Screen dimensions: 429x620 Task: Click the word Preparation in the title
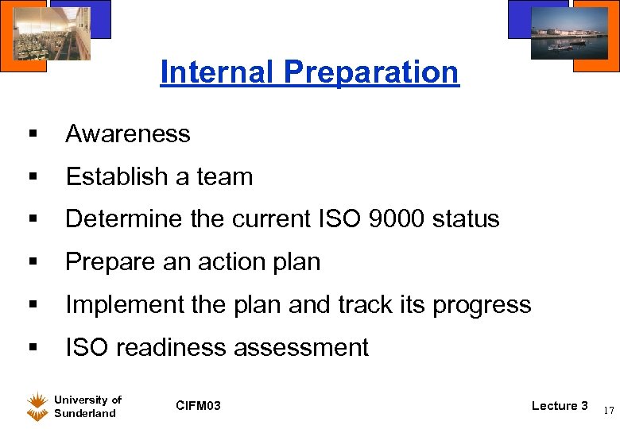(371, 72)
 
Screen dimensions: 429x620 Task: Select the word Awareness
(128, 134)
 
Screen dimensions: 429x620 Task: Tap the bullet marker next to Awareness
(33, 134)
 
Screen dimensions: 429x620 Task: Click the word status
(466, 219)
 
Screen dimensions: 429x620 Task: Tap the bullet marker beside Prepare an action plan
(33, 262)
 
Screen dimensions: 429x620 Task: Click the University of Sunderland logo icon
(37, 407)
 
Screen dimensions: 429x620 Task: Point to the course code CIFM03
(199, 407)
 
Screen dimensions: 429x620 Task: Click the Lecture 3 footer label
(560, 406)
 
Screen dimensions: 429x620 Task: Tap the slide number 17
(608, 411)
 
